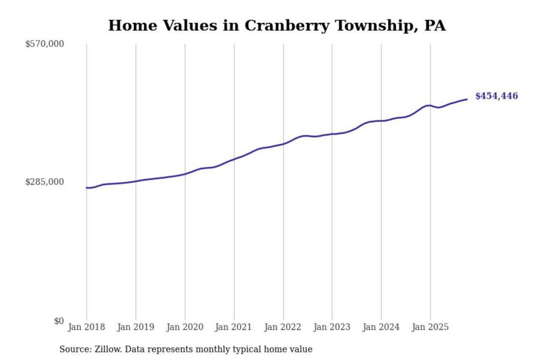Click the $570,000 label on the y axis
[45, 44]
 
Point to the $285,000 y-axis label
[45, 182]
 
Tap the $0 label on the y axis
[59, 321]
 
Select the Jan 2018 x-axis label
[86, 327]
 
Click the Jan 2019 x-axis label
[135, 327]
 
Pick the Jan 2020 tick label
[184, 327]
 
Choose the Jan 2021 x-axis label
[233, 327]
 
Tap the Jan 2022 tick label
[282, 327]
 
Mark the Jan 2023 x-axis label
[331, 327]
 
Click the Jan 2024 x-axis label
[381, 327]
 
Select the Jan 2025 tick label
[430, 327]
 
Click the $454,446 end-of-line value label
[496, 96]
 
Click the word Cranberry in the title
[287, 26]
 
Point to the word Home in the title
[132, 26]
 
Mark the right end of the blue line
[467, 99]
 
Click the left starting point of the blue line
[87, 187]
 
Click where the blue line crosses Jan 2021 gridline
[234, 159]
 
